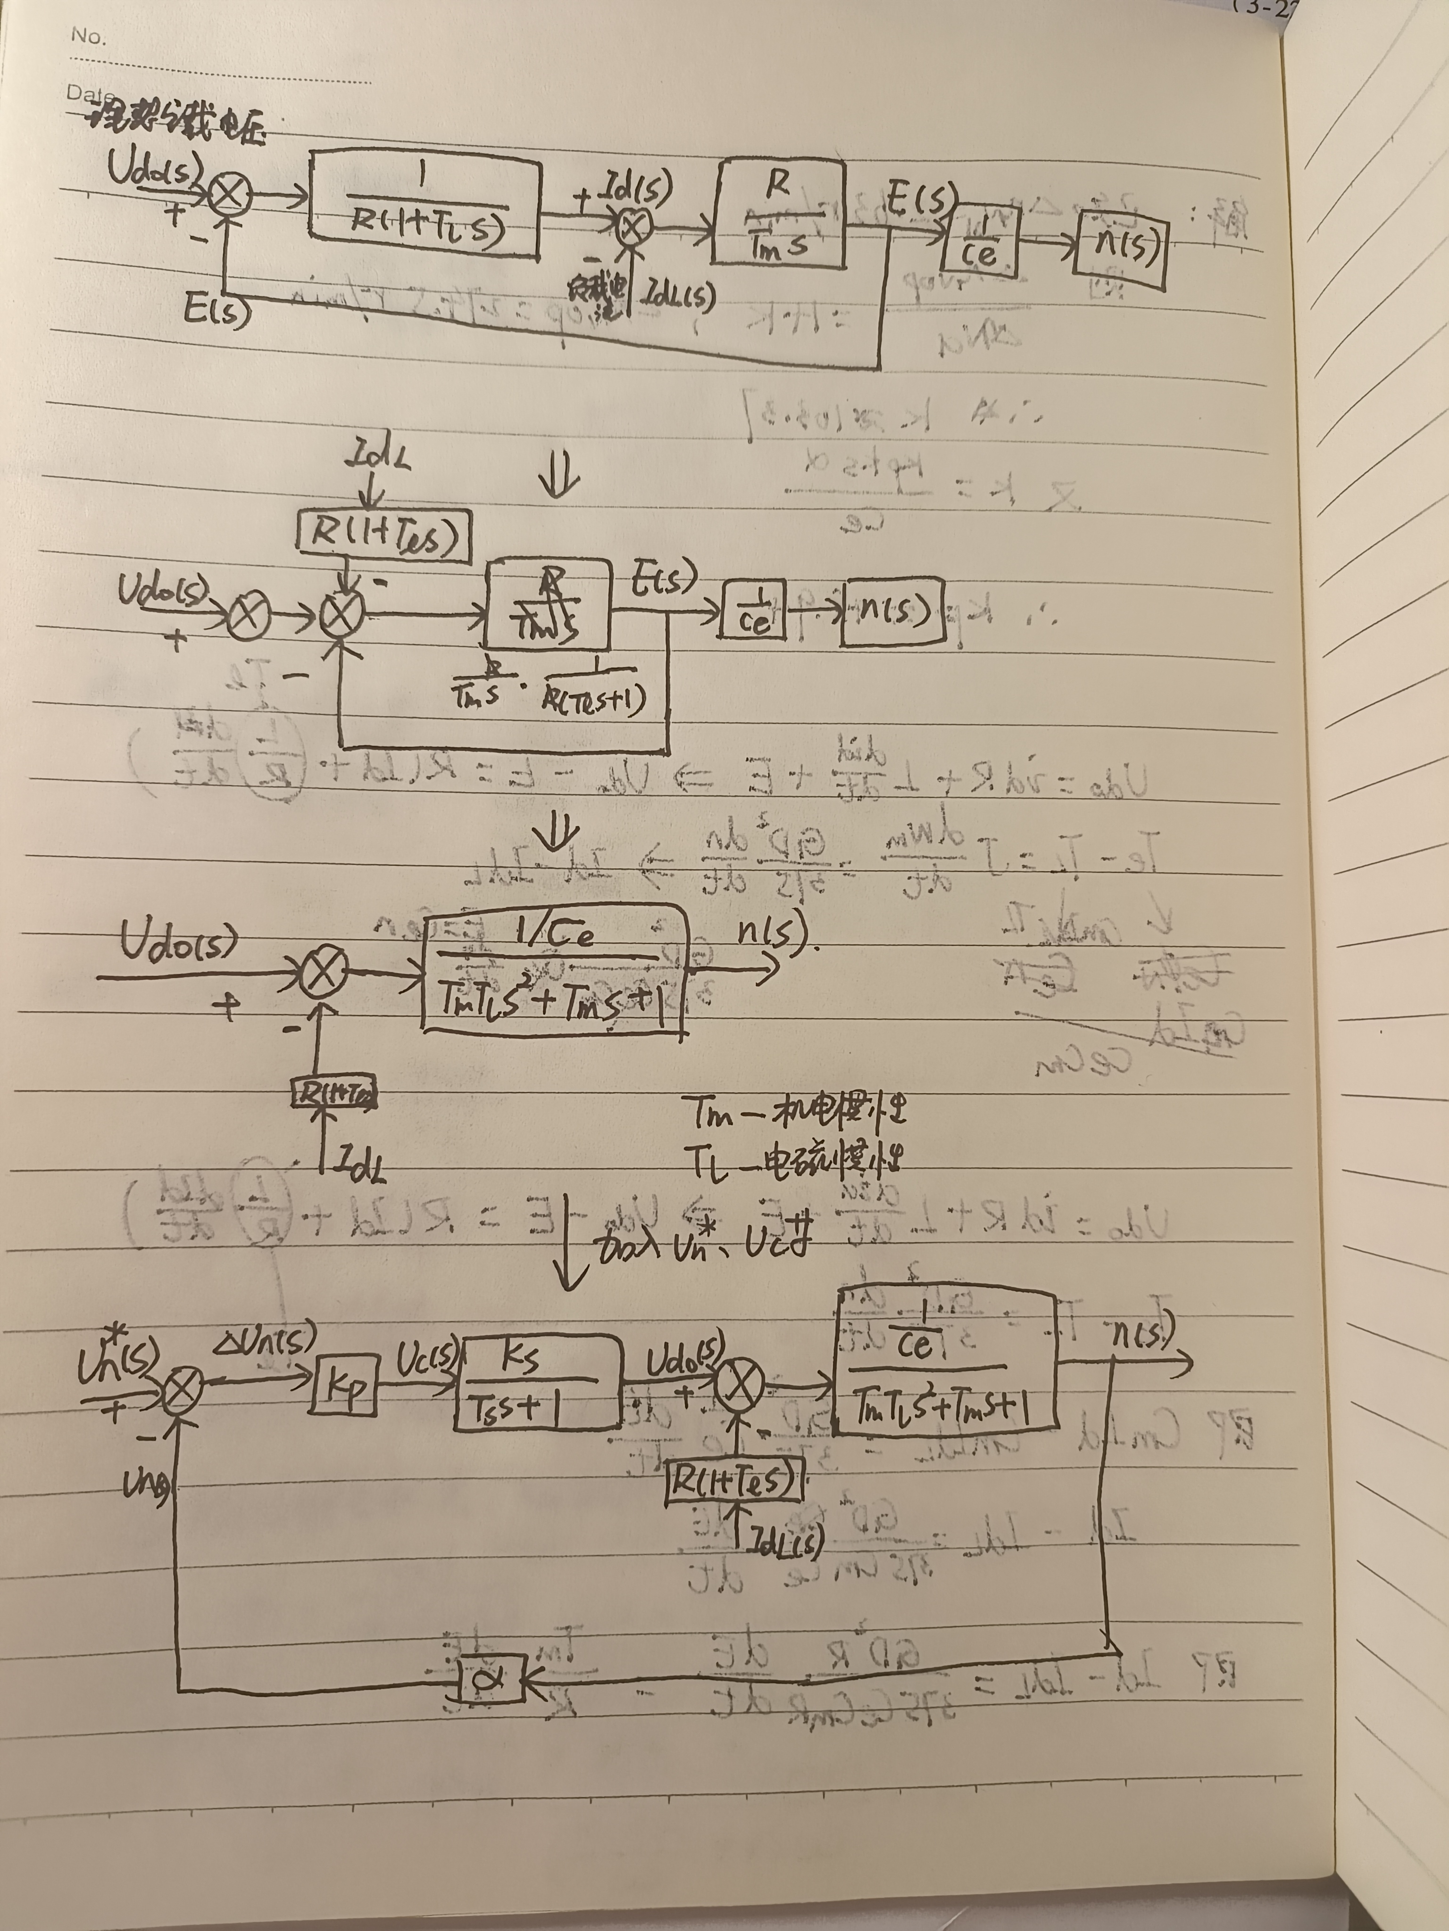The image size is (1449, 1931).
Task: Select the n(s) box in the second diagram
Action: [892, 612]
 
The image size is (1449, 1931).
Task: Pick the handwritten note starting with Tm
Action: [798, 1113]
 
